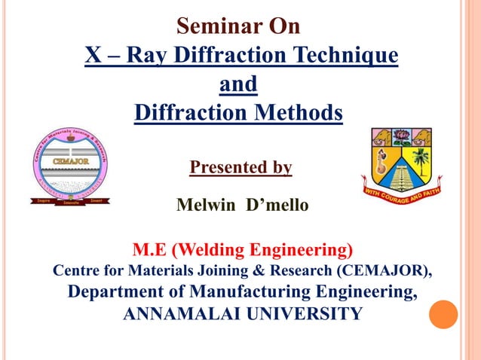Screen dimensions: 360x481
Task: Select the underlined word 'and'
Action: tap(237, 84)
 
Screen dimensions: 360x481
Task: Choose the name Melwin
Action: tap(206, 204)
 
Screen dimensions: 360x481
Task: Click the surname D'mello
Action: tap(274, 204)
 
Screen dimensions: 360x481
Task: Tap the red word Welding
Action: tap(206, 249)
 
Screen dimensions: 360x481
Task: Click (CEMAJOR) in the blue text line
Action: tap(385, 270)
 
